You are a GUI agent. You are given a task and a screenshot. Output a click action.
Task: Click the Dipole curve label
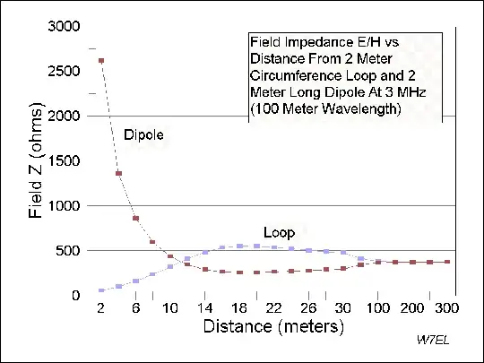pos(144,134)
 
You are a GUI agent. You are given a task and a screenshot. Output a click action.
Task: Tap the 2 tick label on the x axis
pos(101,308)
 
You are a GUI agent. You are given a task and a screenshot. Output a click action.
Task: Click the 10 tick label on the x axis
pos(169,308)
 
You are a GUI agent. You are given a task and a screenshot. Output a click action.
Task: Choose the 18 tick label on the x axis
pos(239,308)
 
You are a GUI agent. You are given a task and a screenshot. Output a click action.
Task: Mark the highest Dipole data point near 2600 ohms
pos(101,61)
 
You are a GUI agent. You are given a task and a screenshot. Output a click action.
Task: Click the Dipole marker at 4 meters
pos(118,173)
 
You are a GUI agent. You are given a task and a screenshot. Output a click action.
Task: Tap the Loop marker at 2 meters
pos(101,290)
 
